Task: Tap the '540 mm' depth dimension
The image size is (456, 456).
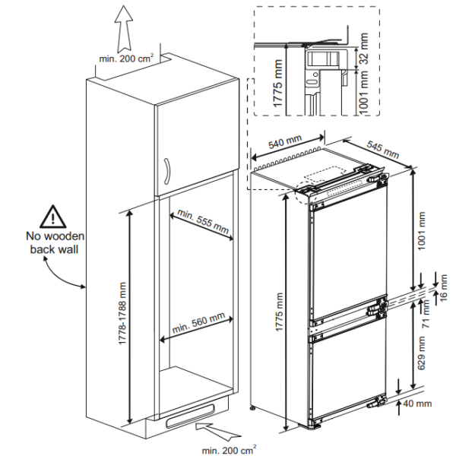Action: [x=286, y=144]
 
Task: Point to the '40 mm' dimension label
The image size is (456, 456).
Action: [x=419, y=404]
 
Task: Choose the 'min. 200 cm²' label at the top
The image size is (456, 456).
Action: [x=126, y=58]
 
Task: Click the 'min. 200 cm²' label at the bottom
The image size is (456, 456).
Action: [x=229, y=450]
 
